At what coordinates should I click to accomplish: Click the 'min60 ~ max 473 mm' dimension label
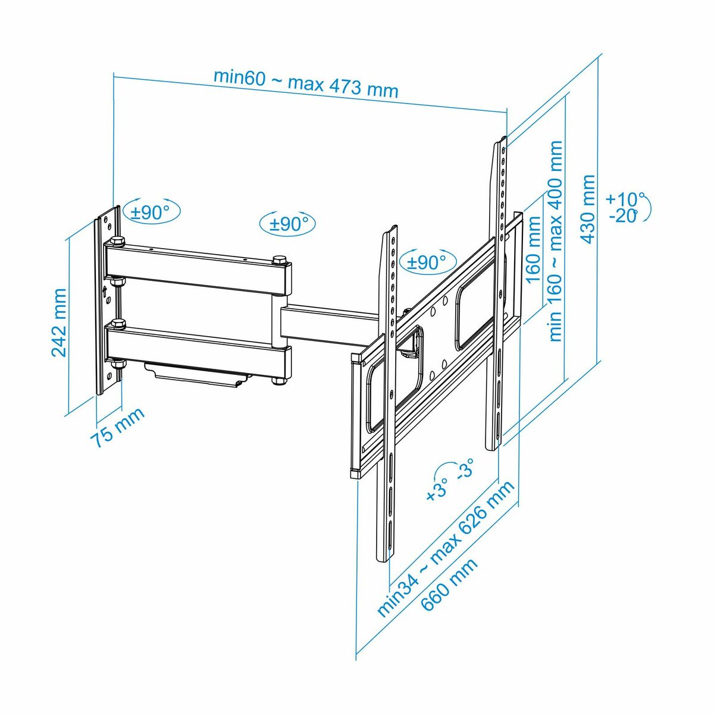pos(306,84)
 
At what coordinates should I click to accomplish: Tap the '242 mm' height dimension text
pos(59,322)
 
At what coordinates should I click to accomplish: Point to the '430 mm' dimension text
pos(588,209)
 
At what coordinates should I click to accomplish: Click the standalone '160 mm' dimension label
pos(533,249)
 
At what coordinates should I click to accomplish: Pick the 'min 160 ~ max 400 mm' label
pos(555,240)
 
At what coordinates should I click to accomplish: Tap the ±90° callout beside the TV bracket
pos(427,262)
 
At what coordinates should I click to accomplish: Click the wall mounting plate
pos(108,300)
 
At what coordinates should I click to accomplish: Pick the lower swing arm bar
pos(196,350)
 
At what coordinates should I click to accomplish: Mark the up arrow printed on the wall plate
pos(105,291)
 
